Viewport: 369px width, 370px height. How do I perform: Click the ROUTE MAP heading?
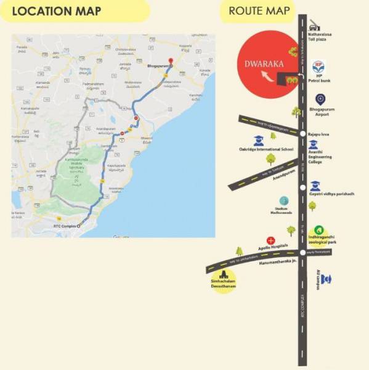[259, 10]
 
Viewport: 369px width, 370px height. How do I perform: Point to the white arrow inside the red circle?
[266, 76]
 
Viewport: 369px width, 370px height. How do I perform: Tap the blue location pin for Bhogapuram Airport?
[320, 99]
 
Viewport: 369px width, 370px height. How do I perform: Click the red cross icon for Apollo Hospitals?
[270, 240]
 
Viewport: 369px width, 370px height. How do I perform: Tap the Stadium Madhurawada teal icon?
[283, 201]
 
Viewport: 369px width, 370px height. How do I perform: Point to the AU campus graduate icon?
[326, 279]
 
